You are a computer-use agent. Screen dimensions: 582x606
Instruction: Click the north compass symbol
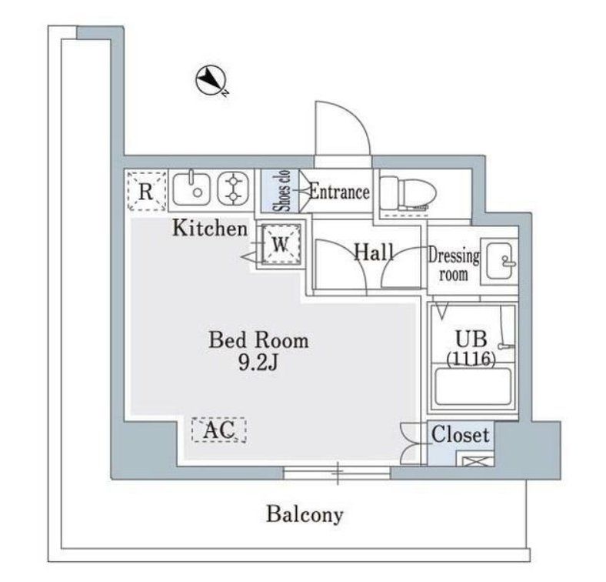(211, 80)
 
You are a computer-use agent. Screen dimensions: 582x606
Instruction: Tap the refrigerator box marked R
(145, 190)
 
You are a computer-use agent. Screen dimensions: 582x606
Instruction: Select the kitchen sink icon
(192, 189)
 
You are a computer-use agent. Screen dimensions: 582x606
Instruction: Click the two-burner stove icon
(231, 189)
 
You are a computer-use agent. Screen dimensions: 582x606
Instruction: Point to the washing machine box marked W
(280, 245)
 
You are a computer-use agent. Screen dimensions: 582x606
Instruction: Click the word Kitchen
(209, 228)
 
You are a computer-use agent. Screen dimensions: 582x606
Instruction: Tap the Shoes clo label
(283, 192)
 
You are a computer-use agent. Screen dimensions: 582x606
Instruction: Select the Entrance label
(338, 192)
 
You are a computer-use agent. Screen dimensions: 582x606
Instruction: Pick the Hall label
(374, 252)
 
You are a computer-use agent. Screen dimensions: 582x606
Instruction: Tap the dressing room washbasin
(501, 258)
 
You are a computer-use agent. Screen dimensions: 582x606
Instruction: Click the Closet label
(460, 434)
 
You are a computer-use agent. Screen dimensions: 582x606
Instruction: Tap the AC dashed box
(218, 430)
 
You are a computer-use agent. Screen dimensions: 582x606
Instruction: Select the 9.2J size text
(258, 363)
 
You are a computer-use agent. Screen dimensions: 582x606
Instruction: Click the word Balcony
(305, 514)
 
